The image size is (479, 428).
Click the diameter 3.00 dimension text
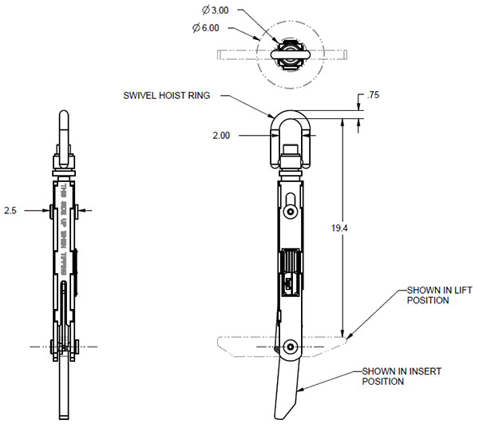click(x=216, y=11)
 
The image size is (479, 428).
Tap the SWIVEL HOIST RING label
click(x=166, y=96)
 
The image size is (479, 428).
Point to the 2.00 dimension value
click(x=220, y=136)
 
